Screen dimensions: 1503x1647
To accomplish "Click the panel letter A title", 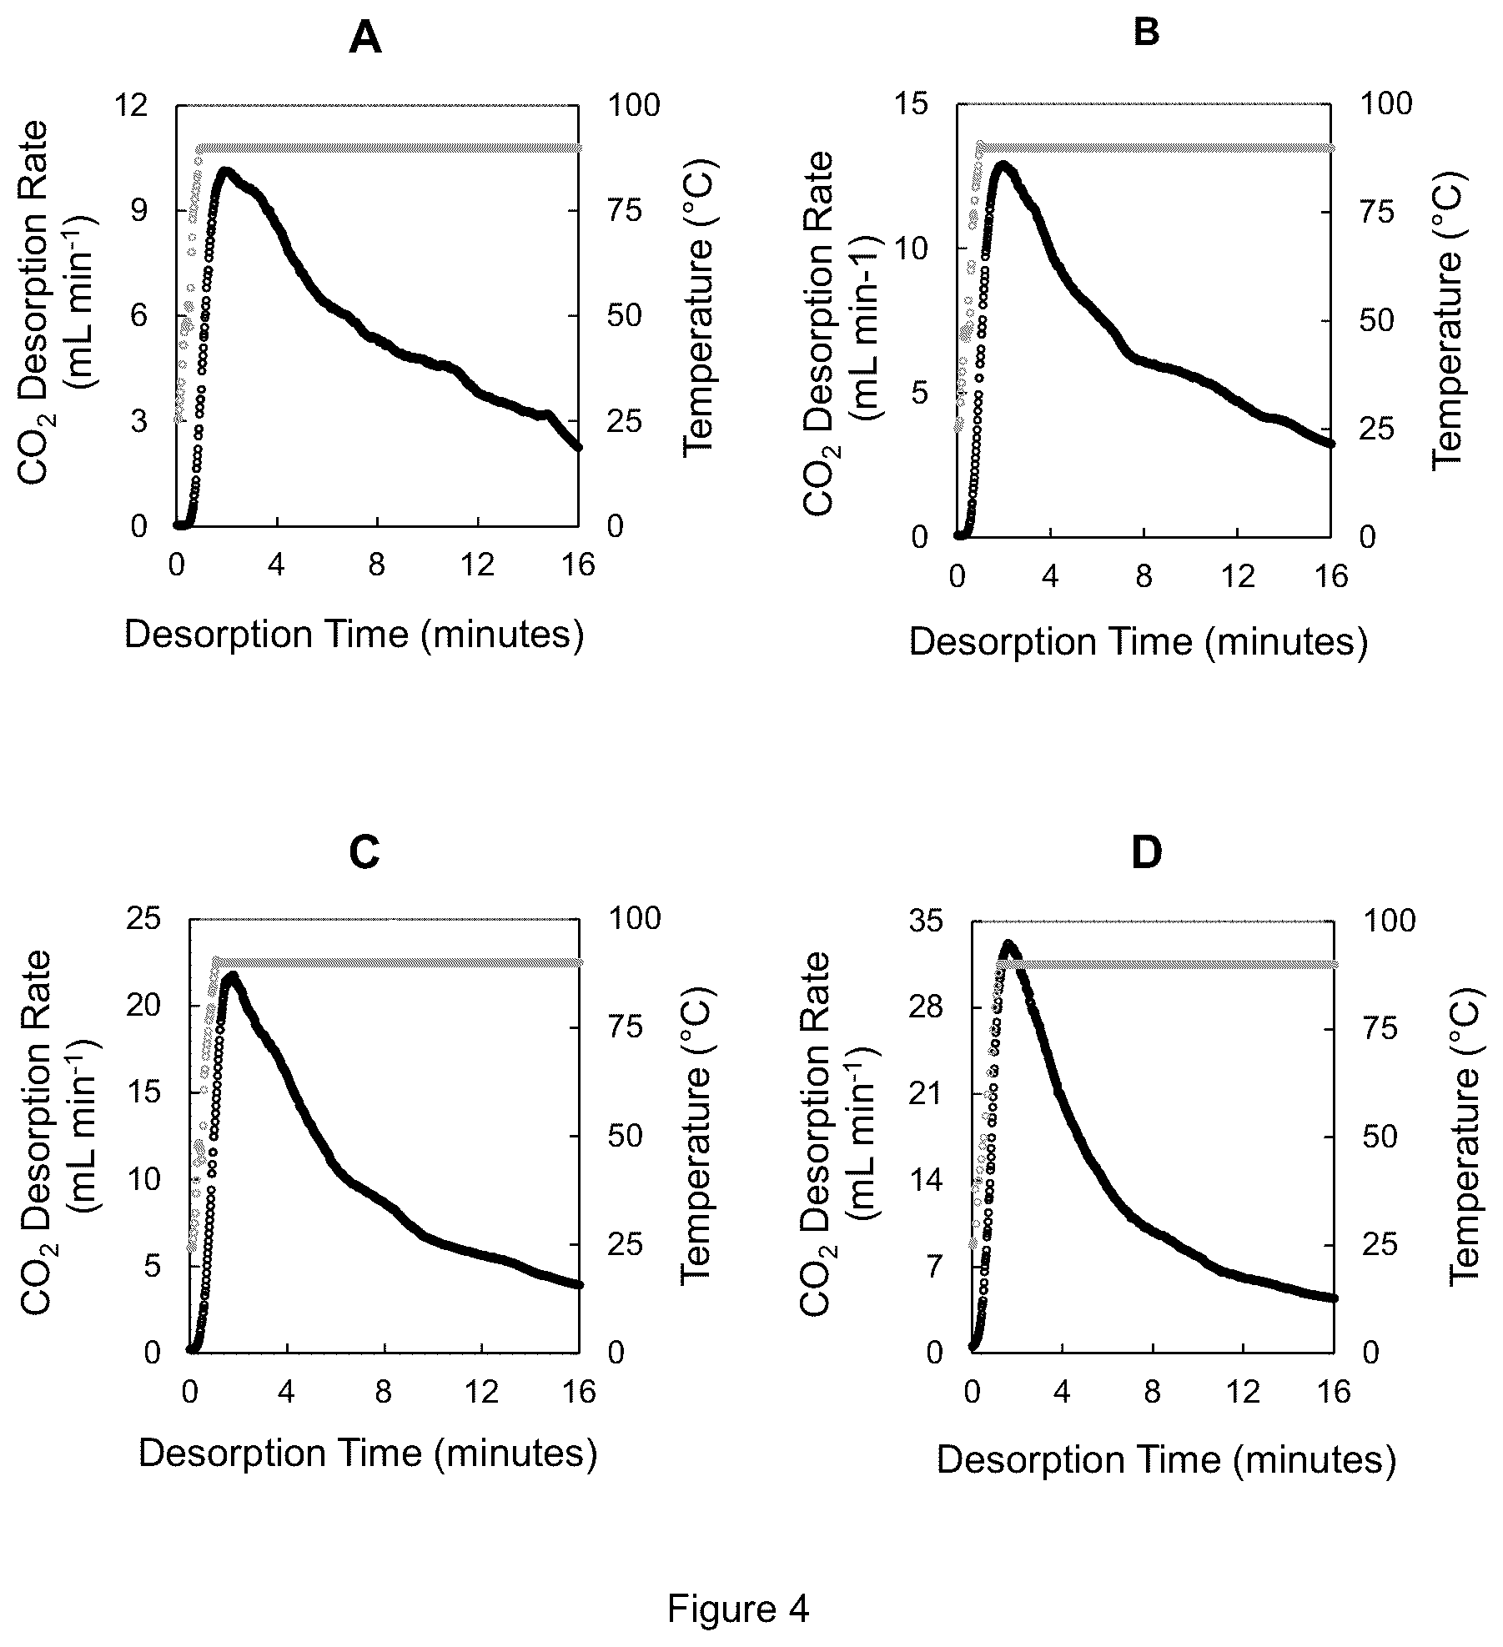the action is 364,38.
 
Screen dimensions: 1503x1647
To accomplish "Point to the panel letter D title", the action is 1147,854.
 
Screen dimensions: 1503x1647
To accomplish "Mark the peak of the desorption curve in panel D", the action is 1008,945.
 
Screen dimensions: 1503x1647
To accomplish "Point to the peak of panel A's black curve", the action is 224,171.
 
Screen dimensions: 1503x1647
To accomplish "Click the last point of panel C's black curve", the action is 578,1284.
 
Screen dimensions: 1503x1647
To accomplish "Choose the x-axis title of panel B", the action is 1139,642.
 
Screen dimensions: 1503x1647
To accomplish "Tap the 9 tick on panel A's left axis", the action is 138,210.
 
